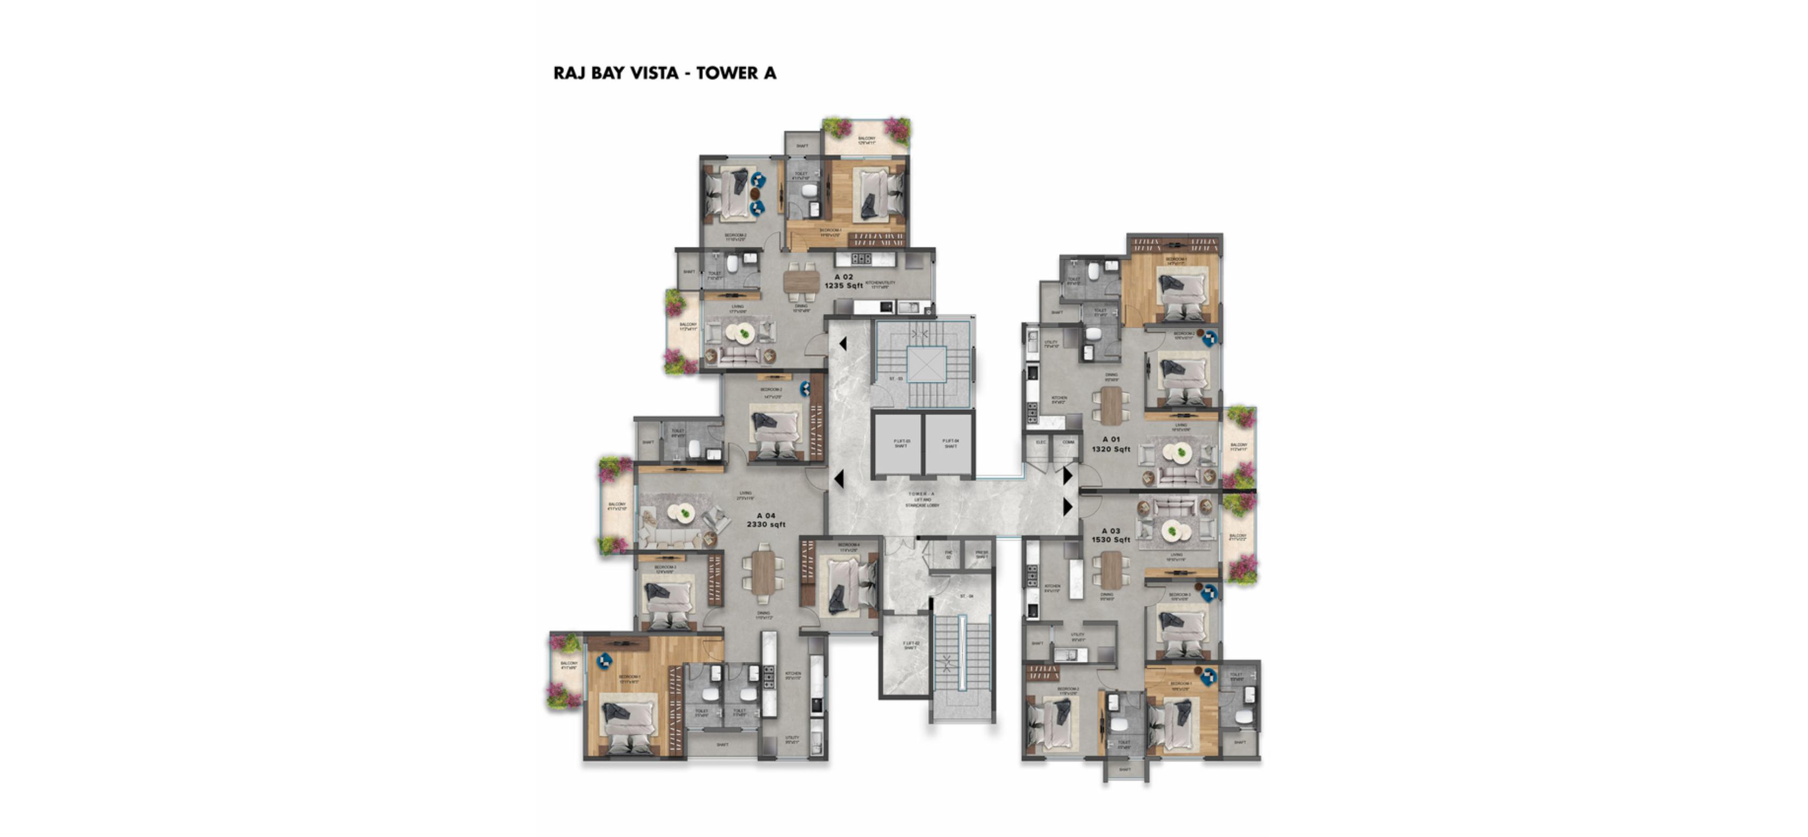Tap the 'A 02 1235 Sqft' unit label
(x=843, y=281)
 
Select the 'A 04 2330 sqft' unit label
(x=766, y=520)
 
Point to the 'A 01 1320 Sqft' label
(x=1111, y=444)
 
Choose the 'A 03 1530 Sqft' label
(x=1111, y=536)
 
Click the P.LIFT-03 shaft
(x=901, y=444)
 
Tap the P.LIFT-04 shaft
(x=950, y=444)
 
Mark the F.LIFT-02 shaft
(x=910, y=645)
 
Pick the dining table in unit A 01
(x=1111, y=405)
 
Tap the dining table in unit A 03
(x=1111, y=570)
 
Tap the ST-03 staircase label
(x=896, y=379)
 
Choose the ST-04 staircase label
(x=966, y=597)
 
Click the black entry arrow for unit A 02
(x=842, y=344)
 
